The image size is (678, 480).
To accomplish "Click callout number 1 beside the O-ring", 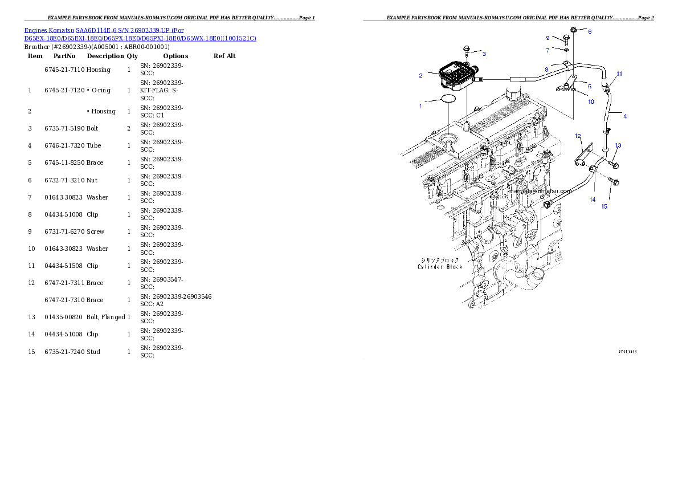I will pyautogui.click(x=421, y=106).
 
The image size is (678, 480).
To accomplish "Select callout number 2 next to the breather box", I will pyautogui.click(x=420, y=75).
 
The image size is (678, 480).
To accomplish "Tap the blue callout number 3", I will pyautogui.click(x=484, y=54).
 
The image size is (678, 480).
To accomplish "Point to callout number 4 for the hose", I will pyautogui.click(x=624, y=116).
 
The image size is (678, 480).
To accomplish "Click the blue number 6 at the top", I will pyautogui.click(x=590, y=32).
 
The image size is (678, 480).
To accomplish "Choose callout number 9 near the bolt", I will pyautogui.click(x=548, y=38).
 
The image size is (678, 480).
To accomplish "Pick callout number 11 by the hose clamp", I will pyautogui.click(x=619, y=74).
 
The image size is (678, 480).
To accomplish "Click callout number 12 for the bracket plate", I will pyautogui.click(x=578, y=136).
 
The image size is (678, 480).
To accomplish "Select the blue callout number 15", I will pyautogui.click(x=605, y=206).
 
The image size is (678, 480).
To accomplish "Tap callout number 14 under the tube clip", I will pyautogui.click(x=593, y=200).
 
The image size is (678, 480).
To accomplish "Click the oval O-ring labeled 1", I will pyautogui.click(x=448, y=99).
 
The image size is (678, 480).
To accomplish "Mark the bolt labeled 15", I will pyautogui.click(x=612, y=182).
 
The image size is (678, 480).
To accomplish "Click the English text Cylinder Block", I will pyautogui.click(x=439, y=267).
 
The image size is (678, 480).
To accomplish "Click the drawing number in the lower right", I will pyautogui.click(x=627, y=352).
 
